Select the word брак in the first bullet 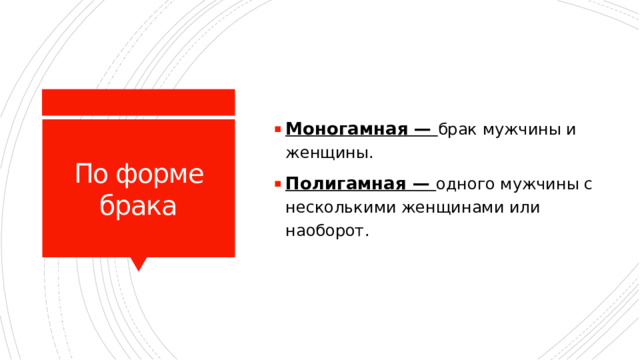pos(459,130)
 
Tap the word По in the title pos(92,176)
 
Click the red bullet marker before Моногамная pos(276,130)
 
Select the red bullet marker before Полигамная pos(276,184)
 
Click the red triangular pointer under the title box pos(139,264)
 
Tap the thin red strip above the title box pos(138,101)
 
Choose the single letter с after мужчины pos(589,184)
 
